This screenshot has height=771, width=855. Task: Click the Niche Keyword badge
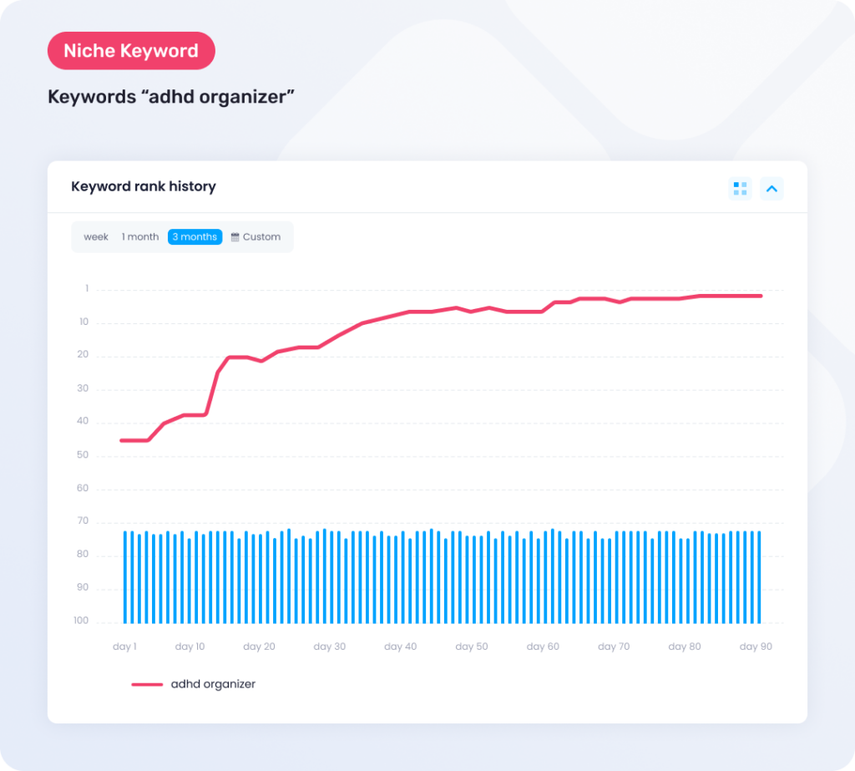[x=131, y=51]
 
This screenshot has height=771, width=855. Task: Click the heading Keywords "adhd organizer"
[x=171, y=97]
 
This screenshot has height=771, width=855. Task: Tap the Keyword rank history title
[x=144, y=186]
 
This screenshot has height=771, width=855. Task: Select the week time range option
[x=96, y=237]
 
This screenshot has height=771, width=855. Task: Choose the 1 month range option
[x=140, y=237]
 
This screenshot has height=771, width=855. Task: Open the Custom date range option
[x=261, y=237]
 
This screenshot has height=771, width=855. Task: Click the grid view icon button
[x=740, y=189]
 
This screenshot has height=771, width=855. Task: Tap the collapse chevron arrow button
[x=772, y=189]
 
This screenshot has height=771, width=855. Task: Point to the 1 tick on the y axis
[x=86, y=289]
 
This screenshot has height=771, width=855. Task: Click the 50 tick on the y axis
[x=83, y=455]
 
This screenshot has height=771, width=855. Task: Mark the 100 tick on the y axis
[x=81, y=621]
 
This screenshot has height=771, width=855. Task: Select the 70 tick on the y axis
[x=83, y=521]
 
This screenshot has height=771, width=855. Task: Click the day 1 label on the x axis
[x=124, y=647]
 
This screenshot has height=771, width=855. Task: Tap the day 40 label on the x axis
[x=400, y=647]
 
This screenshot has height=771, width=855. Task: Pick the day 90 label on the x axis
[x=756, y=647]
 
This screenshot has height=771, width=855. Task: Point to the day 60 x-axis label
[x=543, y=647]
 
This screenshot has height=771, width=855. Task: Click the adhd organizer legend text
[x=213, y=684]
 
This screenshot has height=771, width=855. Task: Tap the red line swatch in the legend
[x=147, y=684]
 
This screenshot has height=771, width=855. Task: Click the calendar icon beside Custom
[x=235, y=237]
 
